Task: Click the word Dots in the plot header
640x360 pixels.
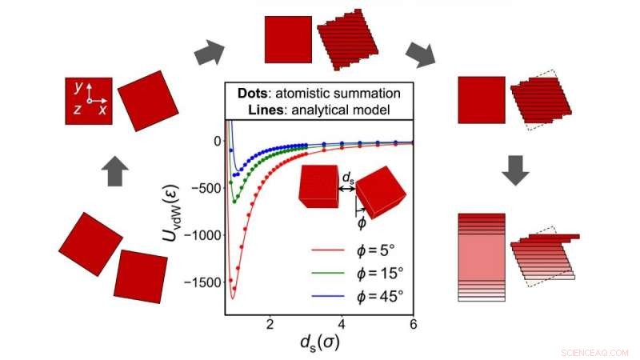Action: [x=254, y=93]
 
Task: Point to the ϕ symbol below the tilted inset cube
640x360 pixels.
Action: [x=362, y=222]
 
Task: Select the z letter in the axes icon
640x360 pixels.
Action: [x=76, y=110]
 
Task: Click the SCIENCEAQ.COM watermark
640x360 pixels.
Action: [x=595, y=350]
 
